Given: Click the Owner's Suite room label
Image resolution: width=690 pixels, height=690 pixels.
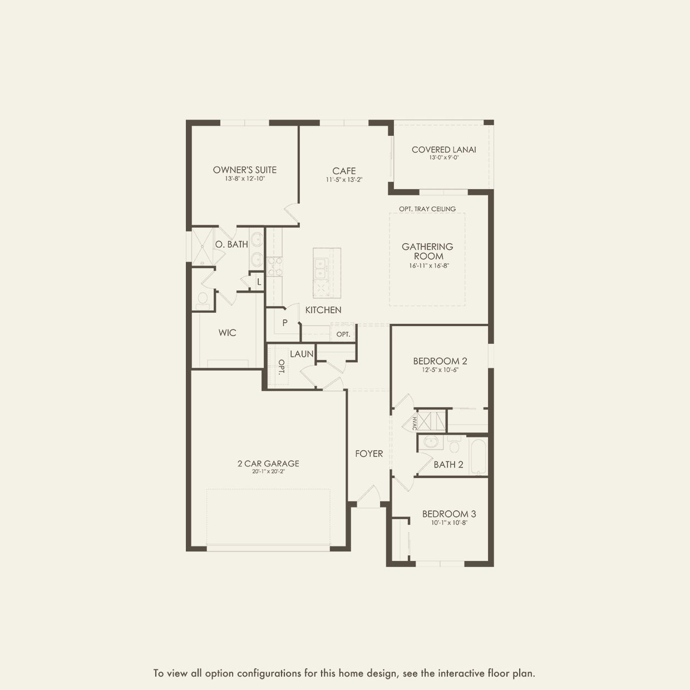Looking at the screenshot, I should (x=245, y=170).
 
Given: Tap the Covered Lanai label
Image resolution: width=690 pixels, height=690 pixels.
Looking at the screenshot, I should (x=443, y=149).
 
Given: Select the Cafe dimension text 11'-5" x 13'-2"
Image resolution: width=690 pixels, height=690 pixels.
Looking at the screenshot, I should (x=344, y=180).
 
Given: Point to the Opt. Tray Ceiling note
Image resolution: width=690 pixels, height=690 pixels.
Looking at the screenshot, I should (x=427, y=209).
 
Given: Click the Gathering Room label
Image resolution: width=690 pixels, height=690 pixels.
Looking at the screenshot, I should (x=427, y=251).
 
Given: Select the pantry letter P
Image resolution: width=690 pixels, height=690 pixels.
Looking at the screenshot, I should (x=285, y=323).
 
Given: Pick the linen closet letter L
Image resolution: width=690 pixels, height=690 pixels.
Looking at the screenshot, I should (x=259, y=282).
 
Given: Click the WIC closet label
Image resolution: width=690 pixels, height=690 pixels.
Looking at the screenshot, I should (x=227, y=333).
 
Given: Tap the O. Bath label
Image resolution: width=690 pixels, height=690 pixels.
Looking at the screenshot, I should (x=231, y=244).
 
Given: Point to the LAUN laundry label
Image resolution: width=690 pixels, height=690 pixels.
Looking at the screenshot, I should (x=302, y=354).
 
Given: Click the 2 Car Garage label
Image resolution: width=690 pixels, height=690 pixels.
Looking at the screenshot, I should (x=268, y=463).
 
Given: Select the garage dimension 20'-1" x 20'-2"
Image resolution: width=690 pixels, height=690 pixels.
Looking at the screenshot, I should (x=268, y=471).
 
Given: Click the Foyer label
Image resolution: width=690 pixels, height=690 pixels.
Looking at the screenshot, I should (x=369, y=454).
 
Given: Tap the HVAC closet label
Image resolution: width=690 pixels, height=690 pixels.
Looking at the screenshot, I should (x=415, y=423).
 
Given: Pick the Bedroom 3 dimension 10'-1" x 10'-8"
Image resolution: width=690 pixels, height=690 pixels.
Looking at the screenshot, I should (x=448, y=523).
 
